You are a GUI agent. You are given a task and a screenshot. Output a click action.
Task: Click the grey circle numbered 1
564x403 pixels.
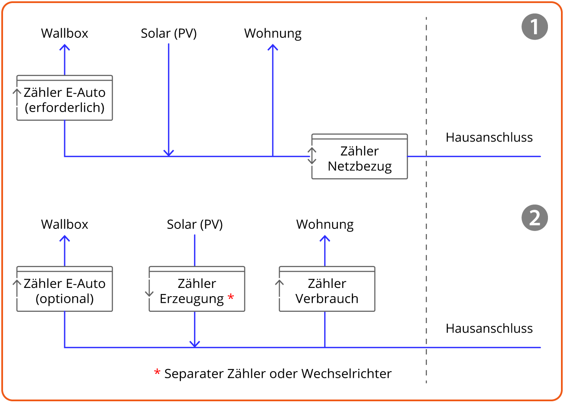point(534,27)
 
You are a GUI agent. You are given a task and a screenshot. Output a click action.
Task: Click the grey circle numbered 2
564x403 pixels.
point(534,218)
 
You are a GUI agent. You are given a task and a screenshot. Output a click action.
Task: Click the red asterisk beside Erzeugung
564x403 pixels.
point(231,297)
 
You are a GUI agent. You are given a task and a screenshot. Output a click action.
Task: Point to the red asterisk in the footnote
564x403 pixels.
point(157,373)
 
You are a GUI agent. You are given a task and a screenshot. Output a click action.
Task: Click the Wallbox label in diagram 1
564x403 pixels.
point(65,33)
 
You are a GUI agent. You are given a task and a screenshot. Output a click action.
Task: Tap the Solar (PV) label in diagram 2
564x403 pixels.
point(195,225)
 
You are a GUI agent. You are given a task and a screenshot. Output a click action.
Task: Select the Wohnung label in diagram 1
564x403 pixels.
point(273,33)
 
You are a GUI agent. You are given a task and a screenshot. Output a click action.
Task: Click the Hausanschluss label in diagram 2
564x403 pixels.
point(489,328)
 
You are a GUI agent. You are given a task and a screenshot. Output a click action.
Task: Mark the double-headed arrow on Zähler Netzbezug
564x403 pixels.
point(312,156)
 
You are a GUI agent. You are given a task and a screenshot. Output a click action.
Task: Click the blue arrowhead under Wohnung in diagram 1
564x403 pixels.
point(273,47)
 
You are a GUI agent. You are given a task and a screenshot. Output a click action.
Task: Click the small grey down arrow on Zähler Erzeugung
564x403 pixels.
point(149,289)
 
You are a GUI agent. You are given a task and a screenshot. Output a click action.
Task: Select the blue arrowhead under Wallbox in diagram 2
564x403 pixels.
point(65,238)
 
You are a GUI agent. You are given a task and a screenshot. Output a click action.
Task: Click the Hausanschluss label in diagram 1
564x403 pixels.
point(489,137)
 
